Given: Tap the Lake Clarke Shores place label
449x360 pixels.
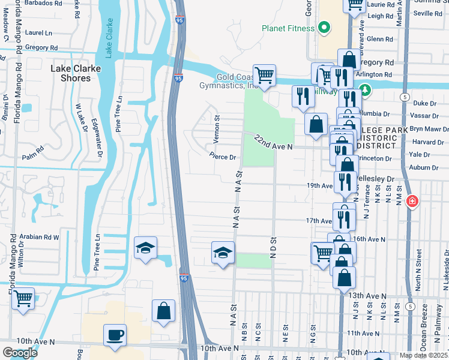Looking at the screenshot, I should point(75,73).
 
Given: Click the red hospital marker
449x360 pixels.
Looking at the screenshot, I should point(412,201).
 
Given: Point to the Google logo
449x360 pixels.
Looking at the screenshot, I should point(20,353).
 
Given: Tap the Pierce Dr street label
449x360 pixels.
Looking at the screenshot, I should point(223,157).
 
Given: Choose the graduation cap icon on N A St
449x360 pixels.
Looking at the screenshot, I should point(223,253).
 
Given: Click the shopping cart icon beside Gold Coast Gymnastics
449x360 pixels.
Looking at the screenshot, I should point(264,76).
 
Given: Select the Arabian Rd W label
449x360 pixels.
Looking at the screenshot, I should point(39,237).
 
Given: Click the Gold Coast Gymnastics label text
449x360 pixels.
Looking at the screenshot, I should point(237,82).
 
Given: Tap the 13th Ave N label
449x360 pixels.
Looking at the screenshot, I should point(367,296).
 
